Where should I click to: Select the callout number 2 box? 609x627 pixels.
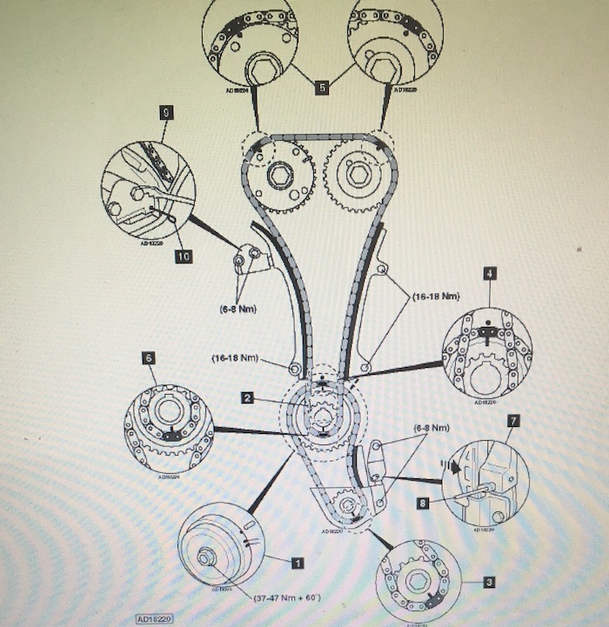click(x=247, y=397)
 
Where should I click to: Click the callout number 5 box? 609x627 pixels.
click(x=322, y=88)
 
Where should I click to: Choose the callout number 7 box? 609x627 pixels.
click(x=513, y=421)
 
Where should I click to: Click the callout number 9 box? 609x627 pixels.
click(x=165, y=111)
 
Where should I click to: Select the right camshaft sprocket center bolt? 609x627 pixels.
click(x=356, y=173)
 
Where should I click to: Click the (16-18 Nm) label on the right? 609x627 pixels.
click(x=435, y=297)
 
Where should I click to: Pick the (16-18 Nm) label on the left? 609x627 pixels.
click(x=236, y=357)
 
